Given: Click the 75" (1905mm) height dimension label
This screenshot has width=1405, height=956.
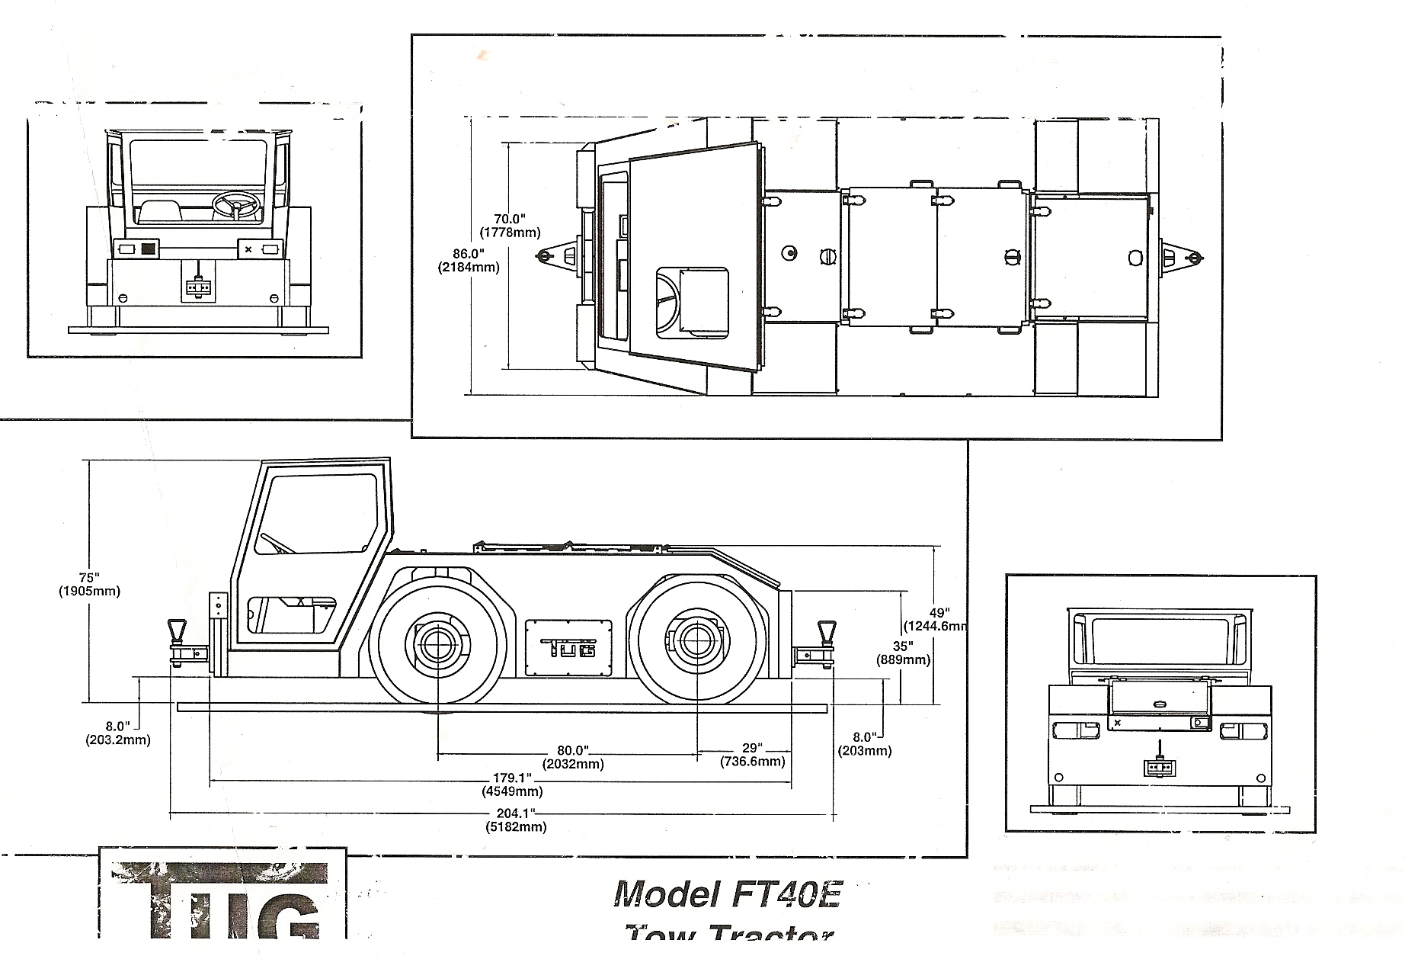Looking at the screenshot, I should click(89, 584).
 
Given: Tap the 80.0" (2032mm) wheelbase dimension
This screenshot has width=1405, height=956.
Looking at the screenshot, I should click(573, 757).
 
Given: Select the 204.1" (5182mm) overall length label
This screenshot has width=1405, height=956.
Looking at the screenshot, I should click(517, 820).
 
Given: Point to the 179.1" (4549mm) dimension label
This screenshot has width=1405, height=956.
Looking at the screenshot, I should click(511, 784).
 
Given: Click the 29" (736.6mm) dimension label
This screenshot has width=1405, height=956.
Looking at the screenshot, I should click(752, 755).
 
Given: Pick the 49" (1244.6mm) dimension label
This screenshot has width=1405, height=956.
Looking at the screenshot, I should click(937, 619).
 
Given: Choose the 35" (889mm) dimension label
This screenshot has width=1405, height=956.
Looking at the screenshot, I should click(903, 653).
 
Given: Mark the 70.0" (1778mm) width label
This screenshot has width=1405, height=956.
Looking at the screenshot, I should click(510, 226).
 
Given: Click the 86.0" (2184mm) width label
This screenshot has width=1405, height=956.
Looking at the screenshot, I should click(469, 260).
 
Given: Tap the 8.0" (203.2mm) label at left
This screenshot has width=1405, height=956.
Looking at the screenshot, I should click(117, 733).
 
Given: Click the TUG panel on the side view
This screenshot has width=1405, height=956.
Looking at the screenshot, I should click(568, 647).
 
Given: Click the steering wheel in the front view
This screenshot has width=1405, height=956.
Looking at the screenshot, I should click(235, 204).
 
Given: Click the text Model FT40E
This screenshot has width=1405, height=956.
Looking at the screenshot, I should click(727, 893).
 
